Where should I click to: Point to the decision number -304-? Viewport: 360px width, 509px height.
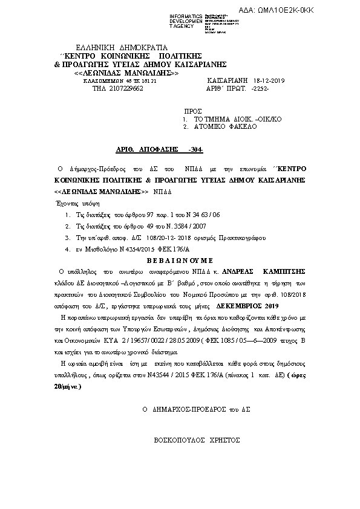pyautogui.click(x=196, y=148)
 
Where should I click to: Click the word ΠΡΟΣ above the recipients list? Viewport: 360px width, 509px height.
pyautogui.click(x=192, y=112)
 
